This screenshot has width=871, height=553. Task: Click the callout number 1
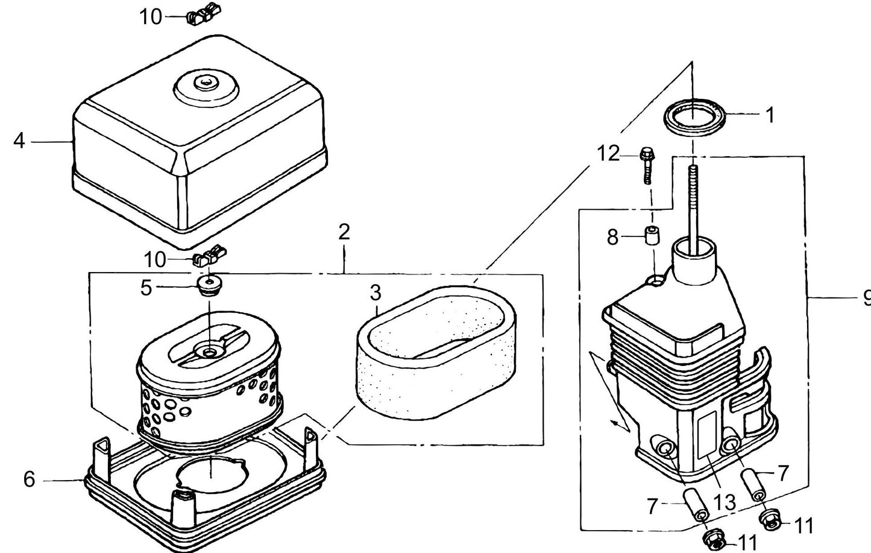[769, 115]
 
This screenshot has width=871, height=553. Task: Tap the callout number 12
[609, 154]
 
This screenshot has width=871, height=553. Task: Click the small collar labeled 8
[650, 236]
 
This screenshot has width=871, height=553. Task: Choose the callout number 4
[19, 141]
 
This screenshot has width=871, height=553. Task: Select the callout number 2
[344, 232]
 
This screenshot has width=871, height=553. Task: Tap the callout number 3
[376, 294]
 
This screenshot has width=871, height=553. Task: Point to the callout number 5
[146, 288]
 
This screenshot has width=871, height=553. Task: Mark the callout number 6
[30, 479]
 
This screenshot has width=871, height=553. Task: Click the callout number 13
[725, 502]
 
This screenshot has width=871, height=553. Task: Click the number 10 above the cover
[151, 17]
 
